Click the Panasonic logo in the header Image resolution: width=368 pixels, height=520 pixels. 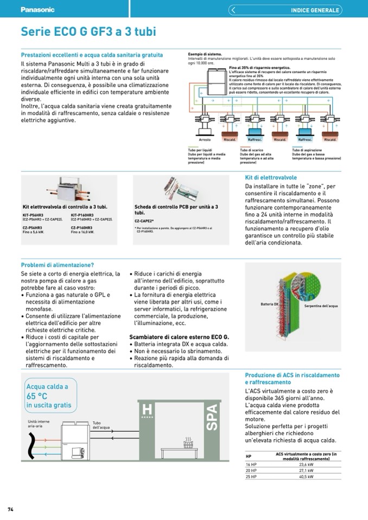tap(37, 10)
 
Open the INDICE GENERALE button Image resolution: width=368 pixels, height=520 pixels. tap(315, 10)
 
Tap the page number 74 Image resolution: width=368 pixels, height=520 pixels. tap(10, 509)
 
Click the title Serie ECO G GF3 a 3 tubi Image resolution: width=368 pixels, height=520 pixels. tap(88, 32)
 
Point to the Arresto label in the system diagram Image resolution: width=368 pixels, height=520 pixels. tap(205, 140)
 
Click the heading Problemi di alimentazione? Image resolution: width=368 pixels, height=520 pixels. tap(58, 265)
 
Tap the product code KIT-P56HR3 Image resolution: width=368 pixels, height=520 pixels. tap(33, 215)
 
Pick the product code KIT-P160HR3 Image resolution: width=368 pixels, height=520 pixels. tap(82, 215)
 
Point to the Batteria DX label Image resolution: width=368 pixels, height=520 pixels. tap(269, 304)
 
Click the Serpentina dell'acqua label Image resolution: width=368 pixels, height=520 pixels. tap(321, 306)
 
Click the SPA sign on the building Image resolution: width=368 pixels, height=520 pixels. tap(212, 417)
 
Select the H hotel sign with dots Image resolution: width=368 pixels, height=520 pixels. tap(147, 410)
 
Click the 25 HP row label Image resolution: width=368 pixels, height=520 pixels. tap(251, 477)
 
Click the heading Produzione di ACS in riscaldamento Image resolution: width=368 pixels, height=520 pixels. tap(292, 375)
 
